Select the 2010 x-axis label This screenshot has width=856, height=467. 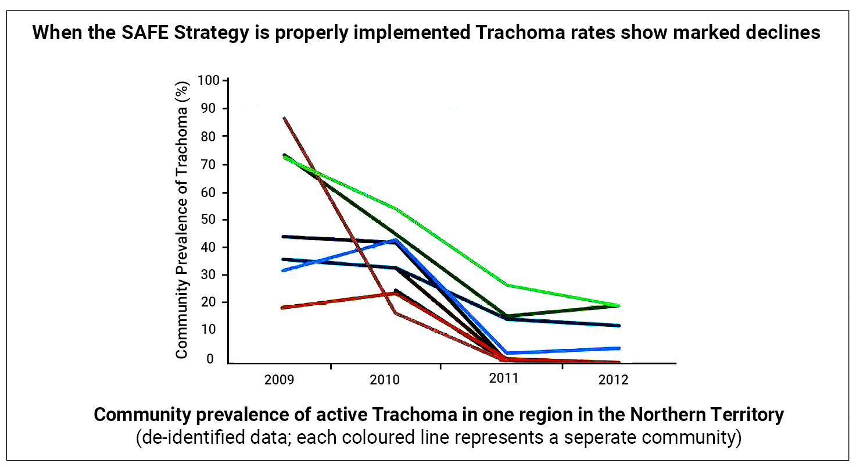(x=384, y=380)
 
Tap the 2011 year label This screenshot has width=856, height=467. (x=503, y=379)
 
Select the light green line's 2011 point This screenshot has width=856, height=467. (x=507, y=285)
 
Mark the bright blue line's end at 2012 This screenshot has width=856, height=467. (x=618, y=348)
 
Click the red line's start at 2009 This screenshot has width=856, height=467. (x=282, y=307)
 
